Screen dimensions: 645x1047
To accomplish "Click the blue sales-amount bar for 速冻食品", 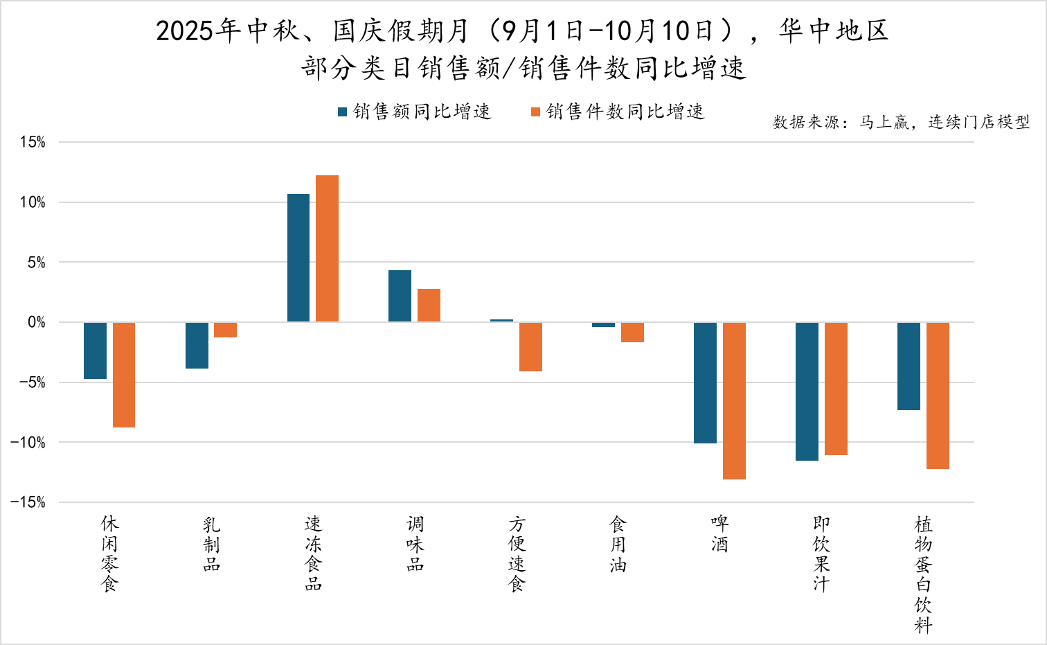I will [298, 258].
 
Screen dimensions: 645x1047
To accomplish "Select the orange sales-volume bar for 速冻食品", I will [327, 249].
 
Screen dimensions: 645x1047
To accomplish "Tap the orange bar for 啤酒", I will [734, 400].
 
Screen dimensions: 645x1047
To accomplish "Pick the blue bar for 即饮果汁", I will [807, 391].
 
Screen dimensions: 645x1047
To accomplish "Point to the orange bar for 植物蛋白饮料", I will [938, 396].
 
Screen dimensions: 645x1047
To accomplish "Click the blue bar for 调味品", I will [400, 296].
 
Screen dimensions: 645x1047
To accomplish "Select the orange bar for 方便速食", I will [530, 346].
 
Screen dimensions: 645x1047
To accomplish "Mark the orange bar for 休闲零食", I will [124, 375].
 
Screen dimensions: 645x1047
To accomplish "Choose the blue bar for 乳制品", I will [197, 345].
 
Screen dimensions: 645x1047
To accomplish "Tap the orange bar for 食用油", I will [632, 332].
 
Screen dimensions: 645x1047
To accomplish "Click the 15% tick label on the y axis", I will [33, 143].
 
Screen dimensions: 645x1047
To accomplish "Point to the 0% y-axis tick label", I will [37, 322].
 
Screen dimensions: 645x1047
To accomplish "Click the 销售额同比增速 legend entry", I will [414, 112].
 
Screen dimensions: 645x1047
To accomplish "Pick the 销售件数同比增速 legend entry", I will [618, 112].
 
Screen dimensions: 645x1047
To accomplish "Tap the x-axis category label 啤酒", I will [719, 534].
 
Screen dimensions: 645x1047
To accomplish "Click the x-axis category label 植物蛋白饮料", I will [923, 574].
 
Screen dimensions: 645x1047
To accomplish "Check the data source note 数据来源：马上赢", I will [901, 123].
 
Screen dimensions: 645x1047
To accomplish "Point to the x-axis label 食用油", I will [618, 544].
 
